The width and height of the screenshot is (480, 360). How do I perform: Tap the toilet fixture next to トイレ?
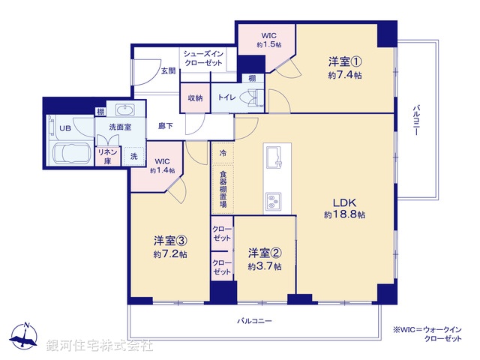point(252,97)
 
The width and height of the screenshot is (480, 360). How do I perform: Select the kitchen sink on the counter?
point(272,158)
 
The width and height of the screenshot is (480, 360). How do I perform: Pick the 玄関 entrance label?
point(168,70)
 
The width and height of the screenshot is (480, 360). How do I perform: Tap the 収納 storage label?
point(195,97)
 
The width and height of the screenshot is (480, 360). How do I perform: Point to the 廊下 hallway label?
point(166,126)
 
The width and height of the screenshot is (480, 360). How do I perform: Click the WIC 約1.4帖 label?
point(163,166)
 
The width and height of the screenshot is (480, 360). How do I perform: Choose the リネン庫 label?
point(105,156)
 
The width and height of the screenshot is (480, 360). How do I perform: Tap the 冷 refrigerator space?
point(222,153)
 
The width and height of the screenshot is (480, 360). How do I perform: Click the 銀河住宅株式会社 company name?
point(99,346)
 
